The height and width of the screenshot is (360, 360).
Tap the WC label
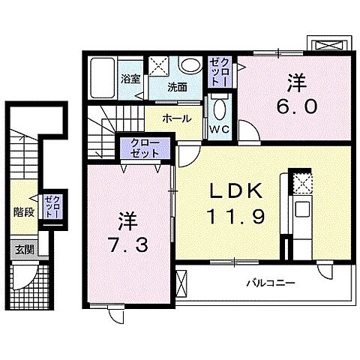click(x=219, y=129)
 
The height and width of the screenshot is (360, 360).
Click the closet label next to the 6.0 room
click(x=217, y=71)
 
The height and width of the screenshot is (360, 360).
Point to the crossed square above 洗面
click(x=158, y=64)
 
